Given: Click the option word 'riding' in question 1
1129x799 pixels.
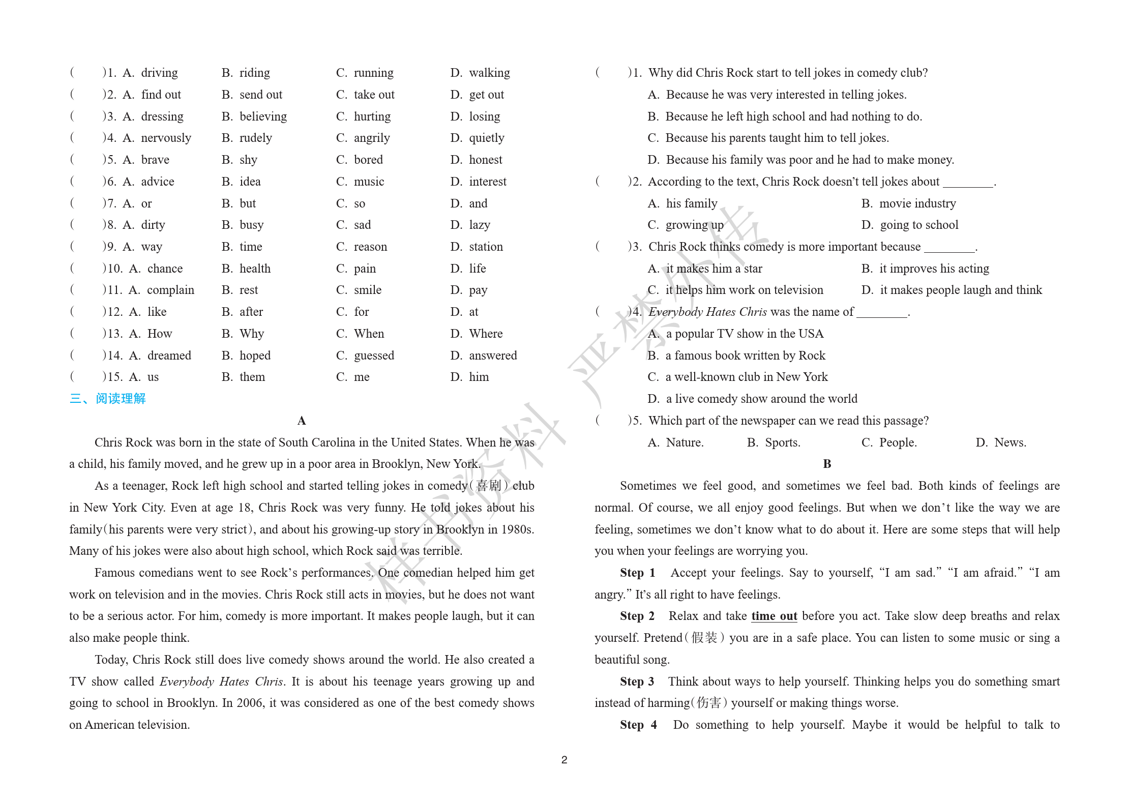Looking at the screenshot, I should click(x=255, y=73).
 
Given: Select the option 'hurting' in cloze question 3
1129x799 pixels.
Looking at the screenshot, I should click(x=372, y=116).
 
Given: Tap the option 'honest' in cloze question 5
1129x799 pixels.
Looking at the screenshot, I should click(x=485, y=160).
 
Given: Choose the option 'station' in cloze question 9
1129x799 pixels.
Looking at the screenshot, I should click(x=486, y=247).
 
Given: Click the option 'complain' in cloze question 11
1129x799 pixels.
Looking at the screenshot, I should click(x=170, y=290).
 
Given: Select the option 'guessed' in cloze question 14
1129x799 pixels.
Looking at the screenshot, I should click(x=374, y=356).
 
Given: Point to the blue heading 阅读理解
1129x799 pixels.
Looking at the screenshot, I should click(x=121, y=398).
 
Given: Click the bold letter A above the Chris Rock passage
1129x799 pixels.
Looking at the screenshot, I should click(x=302, y=421).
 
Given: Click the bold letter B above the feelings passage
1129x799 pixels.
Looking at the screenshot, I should click(x=827, y=464).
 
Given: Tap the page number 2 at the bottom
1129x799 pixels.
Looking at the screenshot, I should click(x=564, y=760).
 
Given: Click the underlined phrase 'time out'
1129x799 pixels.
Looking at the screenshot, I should click(x=774, y=616).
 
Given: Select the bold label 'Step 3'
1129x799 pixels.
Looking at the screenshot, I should click(x=637, y=682).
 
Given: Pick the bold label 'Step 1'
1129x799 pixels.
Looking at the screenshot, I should click(x=637, y=573).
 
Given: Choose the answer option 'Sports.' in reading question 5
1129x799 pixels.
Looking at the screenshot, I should click(x=782, y=442).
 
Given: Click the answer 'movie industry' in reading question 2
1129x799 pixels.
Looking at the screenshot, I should click(x=917, y=203).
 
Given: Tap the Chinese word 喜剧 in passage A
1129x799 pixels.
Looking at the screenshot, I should click(x=488, y=486).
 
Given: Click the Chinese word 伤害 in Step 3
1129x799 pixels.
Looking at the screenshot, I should click(x=709, y=703).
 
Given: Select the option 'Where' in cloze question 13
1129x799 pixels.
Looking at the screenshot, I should click(x=486, y=334).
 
